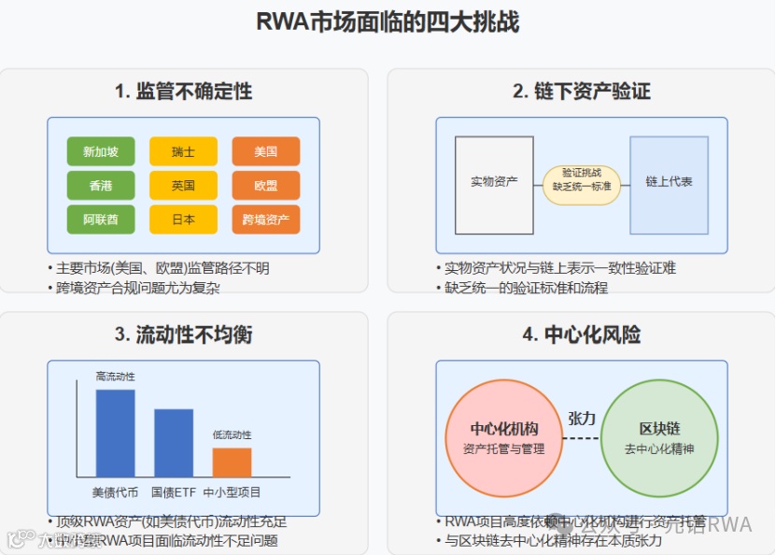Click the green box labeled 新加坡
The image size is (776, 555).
[x=101, y=151]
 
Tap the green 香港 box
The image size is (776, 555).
[x=101, y=186]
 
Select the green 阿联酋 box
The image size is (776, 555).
[x=101, y=220]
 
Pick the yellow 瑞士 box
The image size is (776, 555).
[x=183, y=151]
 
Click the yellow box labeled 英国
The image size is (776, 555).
[x=183, y=186]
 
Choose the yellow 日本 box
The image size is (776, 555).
[x=183, y=220]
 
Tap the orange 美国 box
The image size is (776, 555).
[x=266, y=151]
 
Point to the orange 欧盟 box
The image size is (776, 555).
[x=266, y=186]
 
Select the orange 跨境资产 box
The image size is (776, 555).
[x=266, y=220]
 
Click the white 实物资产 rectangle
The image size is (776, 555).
[x=494, y=184]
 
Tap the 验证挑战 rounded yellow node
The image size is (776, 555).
[x=582, y=180]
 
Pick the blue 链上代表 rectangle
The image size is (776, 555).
[x=669, y=184]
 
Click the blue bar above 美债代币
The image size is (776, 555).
[x=115, y=434]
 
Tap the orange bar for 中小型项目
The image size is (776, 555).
[x=232, y=462]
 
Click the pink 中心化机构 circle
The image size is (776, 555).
[x=503, y=438]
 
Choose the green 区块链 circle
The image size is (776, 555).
[x=659, y=438]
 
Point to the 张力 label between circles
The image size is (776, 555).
[x=581, y=419]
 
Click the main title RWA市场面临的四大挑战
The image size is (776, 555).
[x=388, y=21]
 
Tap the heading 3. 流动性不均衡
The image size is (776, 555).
[x=183, y=334]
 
